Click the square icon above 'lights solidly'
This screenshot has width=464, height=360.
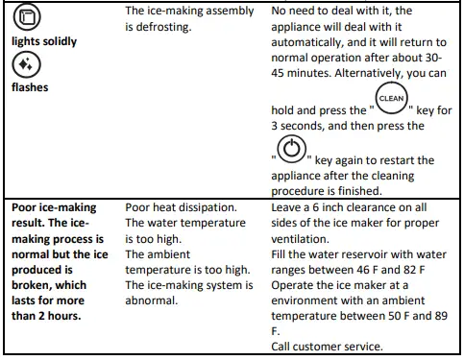25,19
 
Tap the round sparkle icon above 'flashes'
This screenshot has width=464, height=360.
25,64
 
